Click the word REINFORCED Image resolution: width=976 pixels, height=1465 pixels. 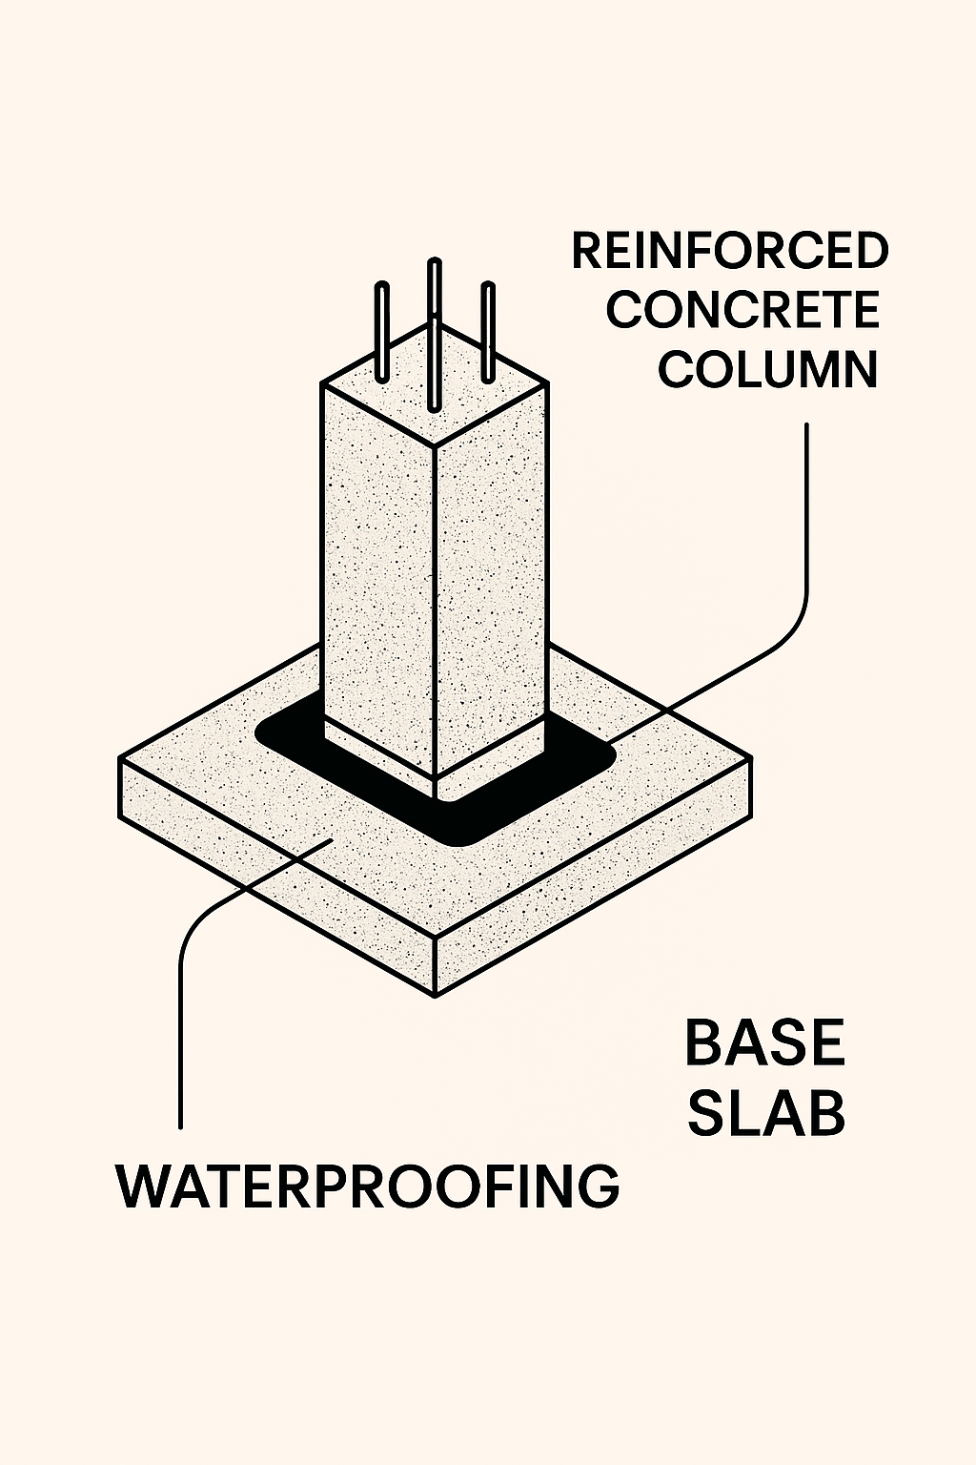click(730, 252)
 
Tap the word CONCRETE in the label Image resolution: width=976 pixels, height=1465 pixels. click(742, 311)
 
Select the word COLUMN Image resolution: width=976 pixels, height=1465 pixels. click(767, 370)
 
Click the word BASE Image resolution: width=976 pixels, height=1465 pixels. click(764, 1042)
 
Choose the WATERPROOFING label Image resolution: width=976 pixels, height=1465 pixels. click(368, 1186)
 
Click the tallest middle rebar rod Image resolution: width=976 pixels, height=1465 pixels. click(435, 324)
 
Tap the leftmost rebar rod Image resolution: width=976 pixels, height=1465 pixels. click(383, 329)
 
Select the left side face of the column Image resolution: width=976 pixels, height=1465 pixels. click(378, 572)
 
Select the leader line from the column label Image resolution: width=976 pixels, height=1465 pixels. click(806, 534)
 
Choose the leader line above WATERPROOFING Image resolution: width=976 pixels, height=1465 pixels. click(180, 1030)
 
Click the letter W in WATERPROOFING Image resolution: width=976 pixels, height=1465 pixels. click(140, 1186)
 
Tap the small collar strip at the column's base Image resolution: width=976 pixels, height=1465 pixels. click(381, 753)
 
